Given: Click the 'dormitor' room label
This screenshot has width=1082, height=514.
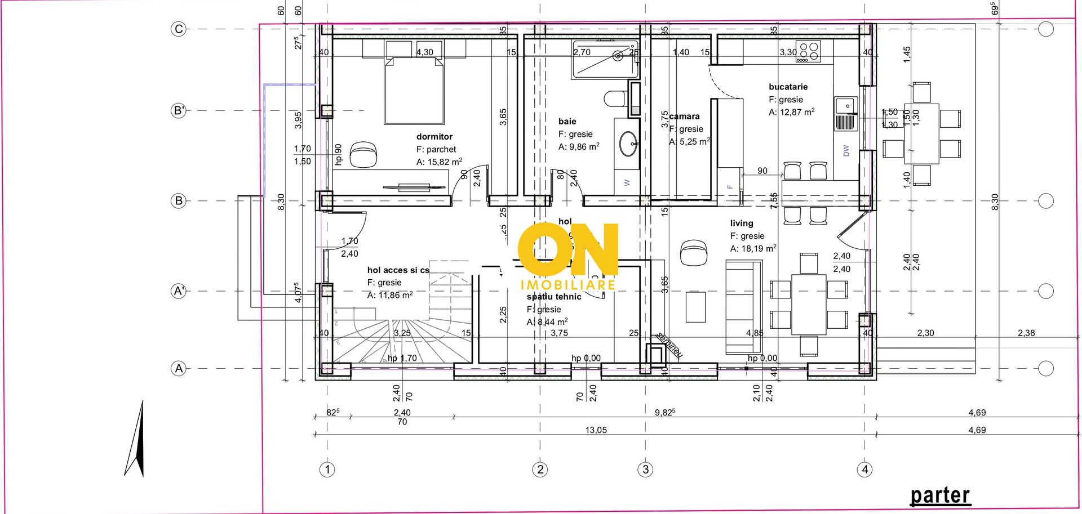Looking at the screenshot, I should click(x=434, y=137).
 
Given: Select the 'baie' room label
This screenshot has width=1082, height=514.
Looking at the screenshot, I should click(x=567, y=122).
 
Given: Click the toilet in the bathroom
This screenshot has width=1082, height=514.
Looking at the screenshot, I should click(x=615, y=100).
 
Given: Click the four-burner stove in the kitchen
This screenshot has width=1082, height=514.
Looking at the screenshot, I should click(x=808, y=52).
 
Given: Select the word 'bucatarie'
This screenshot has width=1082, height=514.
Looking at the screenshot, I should click(x=788, y=87).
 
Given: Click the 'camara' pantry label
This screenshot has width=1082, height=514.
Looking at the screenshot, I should click(x=685, y=117).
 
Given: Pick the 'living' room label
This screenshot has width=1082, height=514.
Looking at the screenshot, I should click(x=741, y=224).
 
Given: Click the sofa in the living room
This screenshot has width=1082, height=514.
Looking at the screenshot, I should click(x=739, y=307).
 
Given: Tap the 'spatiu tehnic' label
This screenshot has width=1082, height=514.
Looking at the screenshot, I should click(x=553, y=297).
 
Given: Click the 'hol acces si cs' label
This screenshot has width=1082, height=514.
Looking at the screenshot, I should click(x=398, y=270).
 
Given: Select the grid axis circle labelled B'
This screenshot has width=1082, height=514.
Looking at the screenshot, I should click(x=178, y=110).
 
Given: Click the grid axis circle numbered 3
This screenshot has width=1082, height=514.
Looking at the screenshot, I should click(x=645, y=469).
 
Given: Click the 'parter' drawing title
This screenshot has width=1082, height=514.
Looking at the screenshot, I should click(x=940, y=495).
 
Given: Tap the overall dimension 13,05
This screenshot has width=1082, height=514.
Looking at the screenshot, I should click(x=596, y=430).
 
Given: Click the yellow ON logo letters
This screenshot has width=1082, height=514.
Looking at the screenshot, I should click(x=567, y=249).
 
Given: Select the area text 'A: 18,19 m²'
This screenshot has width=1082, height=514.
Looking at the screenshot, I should click(x=753, y=248).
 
